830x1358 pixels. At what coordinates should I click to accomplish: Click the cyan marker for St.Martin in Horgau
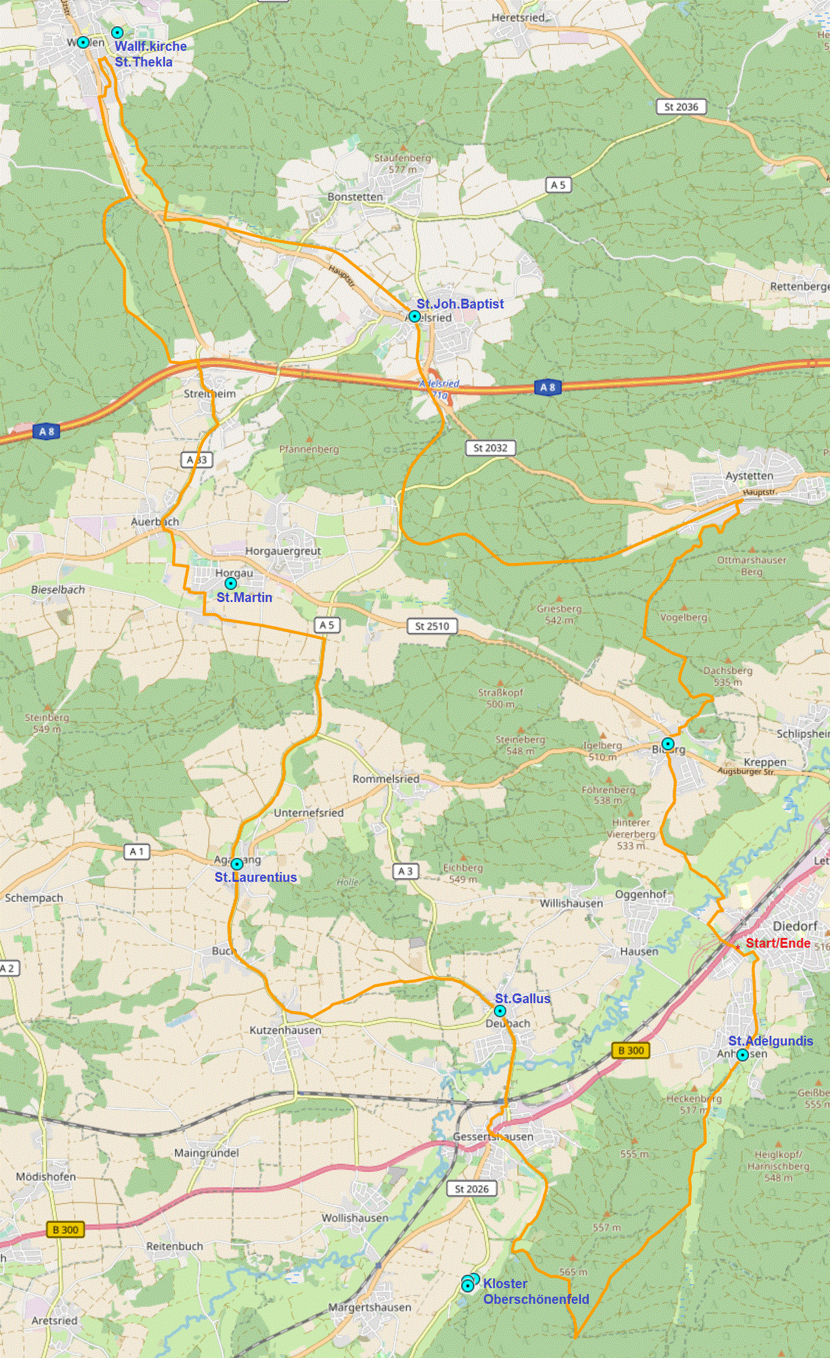tap(230, 583)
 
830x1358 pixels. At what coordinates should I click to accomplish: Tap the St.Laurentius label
tap(256, 877)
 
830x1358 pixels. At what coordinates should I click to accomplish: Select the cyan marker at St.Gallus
tap(499, 1011)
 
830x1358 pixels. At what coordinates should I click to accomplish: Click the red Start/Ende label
tap(777, 943)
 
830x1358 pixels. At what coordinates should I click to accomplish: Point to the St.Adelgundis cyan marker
tap(742, 1055)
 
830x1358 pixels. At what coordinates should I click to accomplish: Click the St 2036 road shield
tap(681, 107)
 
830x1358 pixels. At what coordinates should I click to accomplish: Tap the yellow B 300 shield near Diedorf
tap(630, 1050)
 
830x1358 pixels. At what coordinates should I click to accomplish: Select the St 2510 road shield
tap(432, 626)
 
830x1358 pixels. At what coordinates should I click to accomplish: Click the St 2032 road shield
tap(490, 448)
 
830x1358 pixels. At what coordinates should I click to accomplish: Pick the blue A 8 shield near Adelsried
tap(547, 387)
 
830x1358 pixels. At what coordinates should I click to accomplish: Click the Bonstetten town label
tap(355, 197)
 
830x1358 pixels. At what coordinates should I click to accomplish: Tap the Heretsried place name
tap(518, 18)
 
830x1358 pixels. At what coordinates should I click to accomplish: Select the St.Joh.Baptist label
tap(460, 304)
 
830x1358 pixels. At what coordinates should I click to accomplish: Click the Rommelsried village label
tap(386, 779)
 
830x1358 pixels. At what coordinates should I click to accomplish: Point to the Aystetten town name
tap(749, 476)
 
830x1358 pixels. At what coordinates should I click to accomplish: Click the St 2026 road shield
tap(471, 1188)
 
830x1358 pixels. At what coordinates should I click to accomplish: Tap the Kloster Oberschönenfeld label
tap(535, 1291)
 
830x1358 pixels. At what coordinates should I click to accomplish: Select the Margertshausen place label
tap(370, 1307)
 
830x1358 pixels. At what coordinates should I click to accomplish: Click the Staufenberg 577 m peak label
tap(402, 164)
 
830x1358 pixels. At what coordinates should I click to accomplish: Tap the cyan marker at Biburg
tap(668, 744)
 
